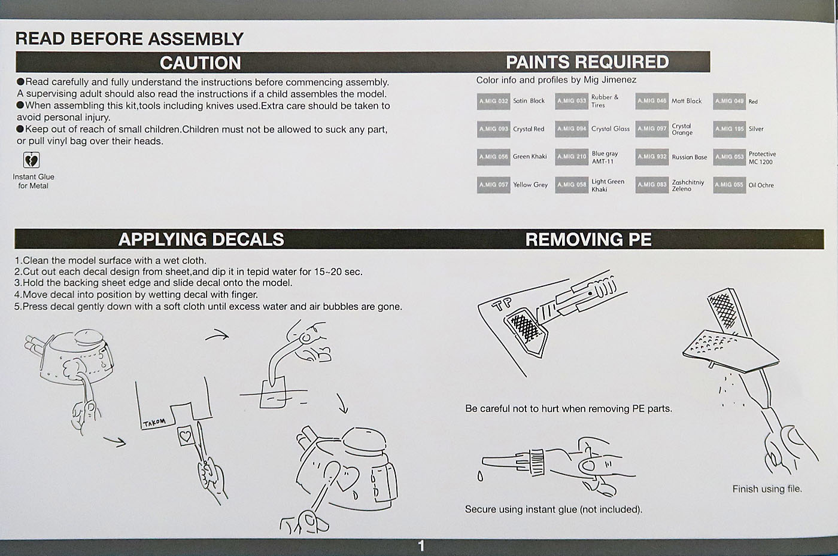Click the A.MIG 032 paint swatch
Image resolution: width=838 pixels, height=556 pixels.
tap(493, 101)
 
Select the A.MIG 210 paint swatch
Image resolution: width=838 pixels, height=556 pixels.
tap(571, 157)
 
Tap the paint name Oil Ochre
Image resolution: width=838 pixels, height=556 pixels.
tap(761, 185)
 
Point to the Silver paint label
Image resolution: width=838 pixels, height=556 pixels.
tap(756, 129)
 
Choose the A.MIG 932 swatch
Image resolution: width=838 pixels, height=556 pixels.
tap(652, 157)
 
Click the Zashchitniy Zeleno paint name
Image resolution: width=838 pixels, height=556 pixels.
tap(688, 185)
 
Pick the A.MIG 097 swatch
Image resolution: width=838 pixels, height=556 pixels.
tap(652, 129)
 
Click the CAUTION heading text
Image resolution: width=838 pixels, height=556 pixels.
tap(201, 63)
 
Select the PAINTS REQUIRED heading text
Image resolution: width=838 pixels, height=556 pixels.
tap(587, 62)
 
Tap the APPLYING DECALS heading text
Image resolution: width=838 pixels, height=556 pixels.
tap(201, 239)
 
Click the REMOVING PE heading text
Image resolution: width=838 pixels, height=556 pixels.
tap(588, 239)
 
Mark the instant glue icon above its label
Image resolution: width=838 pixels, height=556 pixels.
tap(31, 160)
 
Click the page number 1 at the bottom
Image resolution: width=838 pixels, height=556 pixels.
tap(421, 546)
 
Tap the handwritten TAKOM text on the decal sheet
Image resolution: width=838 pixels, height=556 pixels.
tap(154, 423)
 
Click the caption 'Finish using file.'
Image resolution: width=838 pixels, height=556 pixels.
tap(767, 489)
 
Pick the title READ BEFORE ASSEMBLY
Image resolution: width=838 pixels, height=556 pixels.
tap(129, 39)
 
